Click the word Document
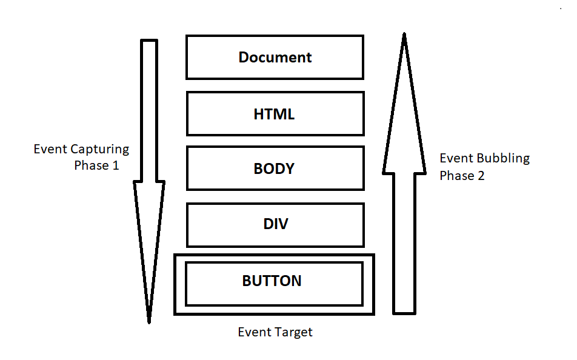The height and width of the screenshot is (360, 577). tap(275, 58)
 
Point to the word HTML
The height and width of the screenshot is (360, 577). tap(275, 114)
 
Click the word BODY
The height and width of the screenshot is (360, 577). tap(274, 168)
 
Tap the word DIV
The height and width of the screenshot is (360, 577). tap(275, 224)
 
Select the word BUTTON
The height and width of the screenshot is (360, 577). tap(272, 281)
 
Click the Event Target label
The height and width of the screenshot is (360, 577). tap(275, 332)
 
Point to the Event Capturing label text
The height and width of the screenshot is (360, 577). tap(81, 149)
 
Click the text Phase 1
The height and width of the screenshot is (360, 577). tap(96, 165)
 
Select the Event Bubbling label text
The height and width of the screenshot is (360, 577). tap(484, 159)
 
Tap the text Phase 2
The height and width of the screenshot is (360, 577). tap(462, 176)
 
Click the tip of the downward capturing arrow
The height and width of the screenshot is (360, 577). tap(149, 321)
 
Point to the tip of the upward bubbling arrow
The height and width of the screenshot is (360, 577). tap(404, 35)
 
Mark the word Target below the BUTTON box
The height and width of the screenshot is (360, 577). tap(293, 332)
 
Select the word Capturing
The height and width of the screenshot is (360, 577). tap(100, 149)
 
